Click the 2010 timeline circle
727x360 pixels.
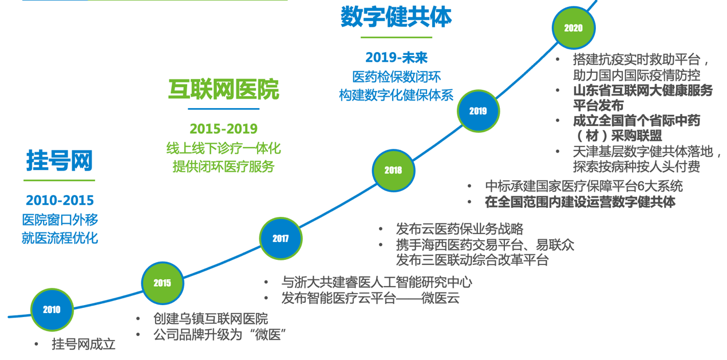point(52,310)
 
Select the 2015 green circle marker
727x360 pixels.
point(162,283)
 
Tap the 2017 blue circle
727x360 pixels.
point(280,239)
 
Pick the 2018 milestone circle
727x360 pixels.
point(393,171)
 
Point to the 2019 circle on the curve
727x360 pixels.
point(479,111)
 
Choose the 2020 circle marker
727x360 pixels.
point(574,28)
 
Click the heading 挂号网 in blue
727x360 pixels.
point(60,160)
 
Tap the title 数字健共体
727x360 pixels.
point(396,17)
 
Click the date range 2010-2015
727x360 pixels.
point(60,200)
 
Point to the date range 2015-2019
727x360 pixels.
point(224,129)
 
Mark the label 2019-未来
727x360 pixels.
point(396,58)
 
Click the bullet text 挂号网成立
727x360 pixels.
point(84,344)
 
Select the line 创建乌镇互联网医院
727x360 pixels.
point(211,319)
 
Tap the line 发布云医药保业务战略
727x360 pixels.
point(460,229)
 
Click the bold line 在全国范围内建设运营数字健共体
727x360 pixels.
point(580,202)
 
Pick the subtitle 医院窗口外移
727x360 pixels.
point(60,220)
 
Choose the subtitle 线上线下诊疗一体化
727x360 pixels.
point(224,149)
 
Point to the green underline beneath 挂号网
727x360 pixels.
point(59,180)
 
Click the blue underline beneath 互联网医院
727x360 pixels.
point(224,109)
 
